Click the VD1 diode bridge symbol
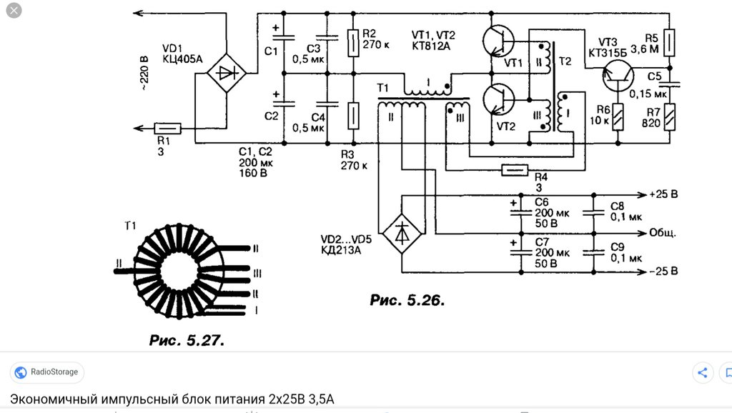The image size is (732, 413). (x=227, y=74)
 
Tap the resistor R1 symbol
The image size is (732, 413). (x=167, y=128)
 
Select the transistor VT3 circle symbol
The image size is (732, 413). (x=618, y=76)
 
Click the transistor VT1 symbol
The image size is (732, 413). (x=498, y=41)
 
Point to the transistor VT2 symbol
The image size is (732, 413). (x=498, y=99)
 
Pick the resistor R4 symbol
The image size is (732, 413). (x=515, y=170)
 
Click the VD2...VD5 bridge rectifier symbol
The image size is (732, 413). (x=402, y=234)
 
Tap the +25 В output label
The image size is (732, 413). (x=663, y=194)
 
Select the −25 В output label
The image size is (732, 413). (x=663, y=271)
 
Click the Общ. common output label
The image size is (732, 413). (x=663, y=232)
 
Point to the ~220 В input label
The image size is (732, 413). (x=144, y=73)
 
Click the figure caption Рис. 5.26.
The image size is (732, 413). (x=407, y=300)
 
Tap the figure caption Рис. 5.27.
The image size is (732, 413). (x=187, y=340)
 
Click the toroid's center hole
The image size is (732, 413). (x=179, y=272)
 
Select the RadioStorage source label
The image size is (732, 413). (x=54, y=372)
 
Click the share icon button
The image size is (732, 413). (x=703, y=372)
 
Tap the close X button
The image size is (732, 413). (x=14, y=10)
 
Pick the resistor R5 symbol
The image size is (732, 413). (x=669, y=42)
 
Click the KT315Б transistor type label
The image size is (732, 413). (x=608, y=53)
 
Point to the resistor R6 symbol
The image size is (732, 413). (x=618, y=116)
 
